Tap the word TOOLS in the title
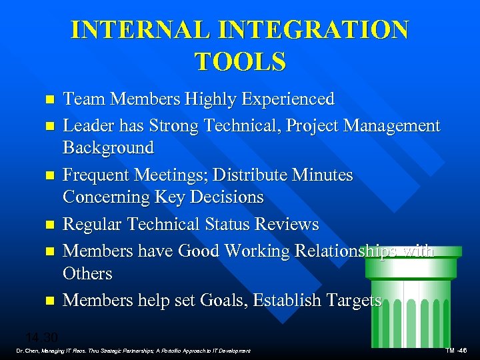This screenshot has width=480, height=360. click(x=241, y=61)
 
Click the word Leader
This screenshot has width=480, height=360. click(x=86, y=126)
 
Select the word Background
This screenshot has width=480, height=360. click(x=108, y=147)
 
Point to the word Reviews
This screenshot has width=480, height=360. click(x=286, y=225)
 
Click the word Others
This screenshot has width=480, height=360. click(x=87, y=273)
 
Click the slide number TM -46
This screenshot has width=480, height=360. click(x=456, y=351)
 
